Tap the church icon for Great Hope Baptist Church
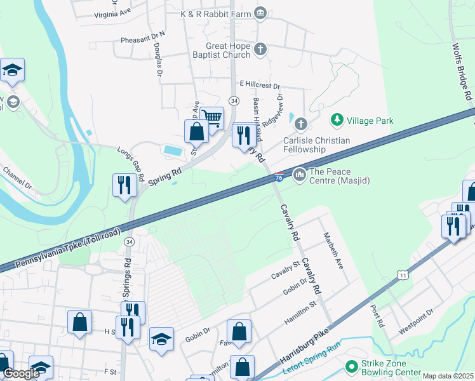tap(260, 49)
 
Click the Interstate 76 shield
tap(279, 177)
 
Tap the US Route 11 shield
tap(403, 274)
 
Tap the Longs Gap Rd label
tap(130, 161)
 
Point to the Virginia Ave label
tap(112, 13)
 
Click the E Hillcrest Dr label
tap(260, 85)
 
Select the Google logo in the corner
tap(21, 373)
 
